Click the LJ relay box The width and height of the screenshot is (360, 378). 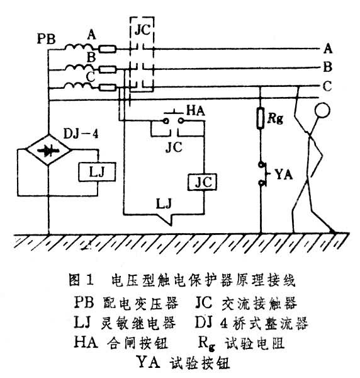pos(97,172)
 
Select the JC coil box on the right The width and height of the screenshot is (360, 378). pos(202,182)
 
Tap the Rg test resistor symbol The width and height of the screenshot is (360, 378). pos(261,118)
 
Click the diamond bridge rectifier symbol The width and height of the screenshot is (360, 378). pos(48,150)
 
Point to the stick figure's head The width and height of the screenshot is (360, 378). pos(322,110)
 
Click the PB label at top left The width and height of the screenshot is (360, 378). pos(46,38)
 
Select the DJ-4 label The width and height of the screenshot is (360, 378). pos(81,134)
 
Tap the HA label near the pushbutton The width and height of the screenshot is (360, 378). pos(196,111)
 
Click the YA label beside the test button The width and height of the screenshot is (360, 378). pos(284,175)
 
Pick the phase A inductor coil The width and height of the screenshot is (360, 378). pos(78,47)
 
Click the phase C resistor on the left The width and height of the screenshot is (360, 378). pos(108,88)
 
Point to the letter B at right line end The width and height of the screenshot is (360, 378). pos(327,67)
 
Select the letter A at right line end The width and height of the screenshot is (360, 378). pos(328,49)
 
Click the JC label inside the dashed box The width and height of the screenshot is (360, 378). pos(143,30)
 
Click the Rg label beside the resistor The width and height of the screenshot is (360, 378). pos(275,118)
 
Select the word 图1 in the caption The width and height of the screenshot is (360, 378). pos(81,280)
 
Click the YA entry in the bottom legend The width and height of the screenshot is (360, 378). pos(183,362)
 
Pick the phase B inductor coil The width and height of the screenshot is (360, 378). pos(78,68)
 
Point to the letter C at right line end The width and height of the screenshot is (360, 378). pos(327,86)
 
